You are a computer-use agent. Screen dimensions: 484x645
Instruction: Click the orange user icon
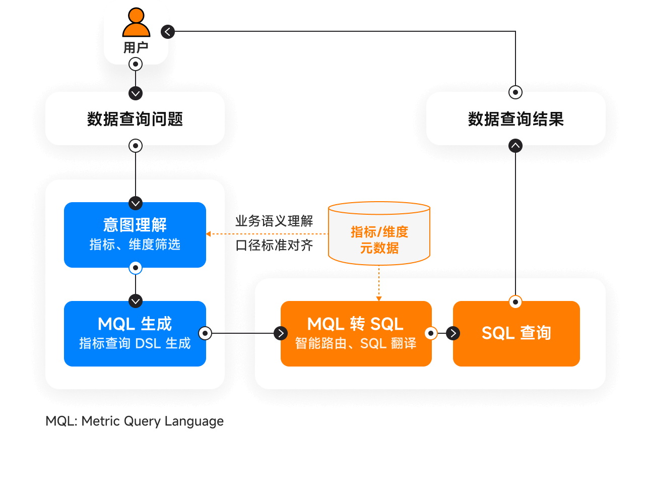click(x=136, y=23)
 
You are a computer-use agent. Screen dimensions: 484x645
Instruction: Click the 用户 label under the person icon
click(x=136, y=48)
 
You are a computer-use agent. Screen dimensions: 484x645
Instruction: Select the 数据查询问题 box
click(x=135, y=119)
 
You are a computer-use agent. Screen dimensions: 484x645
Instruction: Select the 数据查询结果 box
click(x=515, y=119)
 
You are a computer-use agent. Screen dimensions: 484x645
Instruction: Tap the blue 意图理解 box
click(x=135, y=234)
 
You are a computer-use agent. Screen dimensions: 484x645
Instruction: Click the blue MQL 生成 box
click(x=135, y=333)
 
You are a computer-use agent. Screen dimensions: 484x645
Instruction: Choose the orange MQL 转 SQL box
click(x=356, y=333)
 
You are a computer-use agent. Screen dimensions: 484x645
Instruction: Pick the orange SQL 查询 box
click(x=516, y=333)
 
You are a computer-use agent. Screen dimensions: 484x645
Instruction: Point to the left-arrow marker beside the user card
click(x=167, y=32)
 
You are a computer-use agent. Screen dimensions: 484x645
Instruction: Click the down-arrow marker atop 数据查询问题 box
click(x=136, y=93)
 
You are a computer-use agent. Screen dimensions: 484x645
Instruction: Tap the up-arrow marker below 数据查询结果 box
click(x=515, y=146)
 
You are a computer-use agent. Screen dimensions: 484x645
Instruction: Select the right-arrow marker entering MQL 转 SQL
click(x=281, y=333)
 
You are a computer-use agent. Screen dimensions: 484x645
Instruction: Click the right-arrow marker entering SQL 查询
click(x=453, y=333)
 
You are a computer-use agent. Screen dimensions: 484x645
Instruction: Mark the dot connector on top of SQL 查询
click(x=515, y=302)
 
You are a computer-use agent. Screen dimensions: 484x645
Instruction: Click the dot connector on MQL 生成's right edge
click(x=205, y=333)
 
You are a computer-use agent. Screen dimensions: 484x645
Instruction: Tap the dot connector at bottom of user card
click(x=136, y=64)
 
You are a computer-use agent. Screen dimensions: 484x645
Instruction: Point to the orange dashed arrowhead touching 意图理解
click(x=208, y=234)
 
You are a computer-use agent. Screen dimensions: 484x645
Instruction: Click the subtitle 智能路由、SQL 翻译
click(x=356, y=344)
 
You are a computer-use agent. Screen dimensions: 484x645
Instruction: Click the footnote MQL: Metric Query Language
click(x=135, y=421)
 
